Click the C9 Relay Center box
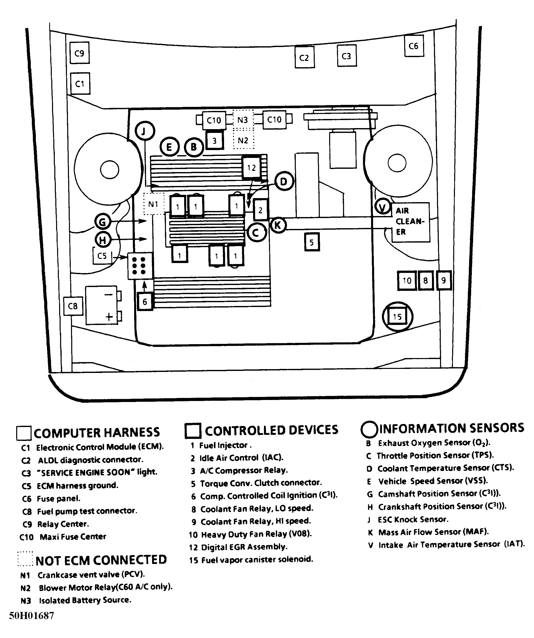pyautogui.click(x=79, y=53)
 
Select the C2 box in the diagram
pyautogui.click(x=304, y=57)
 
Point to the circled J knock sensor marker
pyautogui.click(x=145, y=131)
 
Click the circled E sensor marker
pyautogui.click(x=169, y=147)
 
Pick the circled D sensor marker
pyautogui.click(x=284, y=181)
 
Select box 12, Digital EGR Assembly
pyautogui.click(x=252, y=168)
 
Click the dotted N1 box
pyautogui.click(x=153, y=204)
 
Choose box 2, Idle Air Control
pyautogui.click(x=261, y=210)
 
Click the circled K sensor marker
pyautogui.click(x=278, y=225)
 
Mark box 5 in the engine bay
pyautogui.click(x=312, y=242)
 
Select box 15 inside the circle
pyautogui.click(x=398, y=317)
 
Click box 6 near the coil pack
pyautogui.click(x=145, y=301)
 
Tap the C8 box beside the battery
pyautogui.click(x=73, y=306)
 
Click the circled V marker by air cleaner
pyautogui.click(x=383, y=207)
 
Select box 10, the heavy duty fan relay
pyautogui.click(x=407, y=280)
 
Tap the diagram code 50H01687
pyautogui.click(x=32, y=616)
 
